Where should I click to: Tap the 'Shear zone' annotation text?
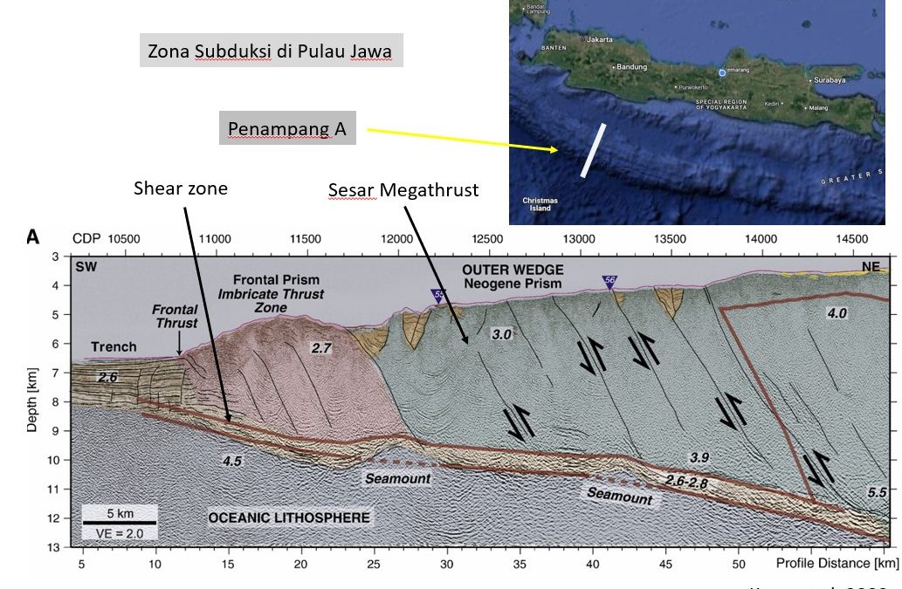[181, 188]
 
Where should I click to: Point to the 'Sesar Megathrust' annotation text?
[403, 189]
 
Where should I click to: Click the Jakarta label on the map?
[600, 39]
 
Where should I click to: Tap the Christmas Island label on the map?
[540, 203]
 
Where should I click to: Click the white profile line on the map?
[595, 150]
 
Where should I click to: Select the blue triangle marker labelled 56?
[609, 281]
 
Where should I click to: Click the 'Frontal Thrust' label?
[175, 317]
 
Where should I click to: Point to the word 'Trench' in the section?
[114, 346]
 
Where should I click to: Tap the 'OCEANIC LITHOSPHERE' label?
[288, 518]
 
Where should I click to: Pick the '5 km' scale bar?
[120, 512]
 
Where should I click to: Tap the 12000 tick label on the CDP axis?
[396, 239]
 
